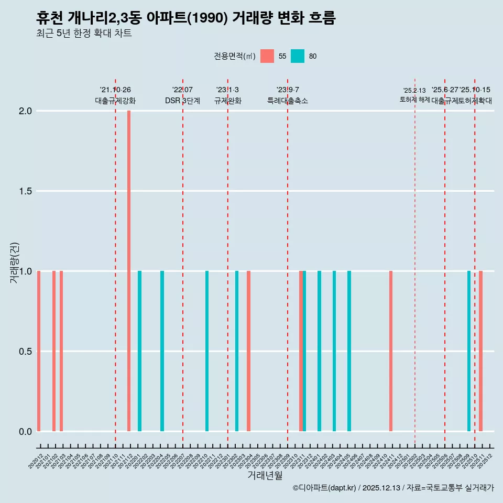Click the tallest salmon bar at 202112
tap(129, 271)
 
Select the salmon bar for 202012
tap(39, 351)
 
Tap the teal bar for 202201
tap(139, 351)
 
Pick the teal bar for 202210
tap(207, 351)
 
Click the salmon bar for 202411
tap(391, 351)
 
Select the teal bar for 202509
tap(469, 351)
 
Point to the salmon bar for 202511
tap(480, 351)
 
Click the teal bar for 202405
tap(349, 351)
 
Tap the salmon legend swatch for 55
tap(267, 56)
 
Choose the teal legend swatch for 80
tap(298, 56)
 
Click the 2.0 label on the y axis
tap(25, 111)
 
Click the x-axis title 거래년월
tap(265, 476)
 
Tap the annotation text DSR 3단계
tap(182, 101)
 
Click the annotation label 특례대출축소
tap(288, 101)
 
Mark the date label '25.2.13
tap(414, 91)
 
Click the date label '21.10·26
tap(115, 90)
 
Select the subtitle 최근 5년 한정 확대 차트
tap(84, 34)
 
